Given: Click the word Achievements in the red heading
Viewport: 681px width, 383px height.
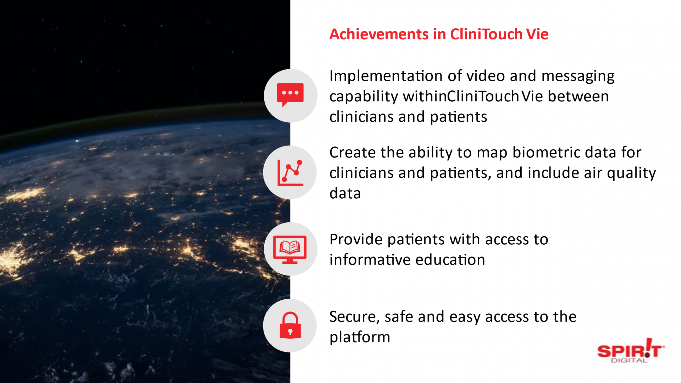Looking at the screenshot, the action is pyautogui.click(x=379, y=34).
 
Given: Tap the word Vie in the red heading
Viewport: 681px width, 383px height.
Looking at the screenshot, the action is pyautogui.click(x=537, y=34).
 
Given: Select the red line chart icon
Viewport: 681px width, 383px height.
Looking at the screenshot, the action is pyautogui.click(x=290, y=173).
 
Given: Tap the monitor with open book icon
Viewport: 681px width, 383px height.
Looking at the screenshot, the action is pyautogui.click(x=290, y=250).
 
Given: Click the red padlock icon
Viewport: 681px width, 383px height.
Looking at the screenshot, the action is pyautogui.click(x=290, y=325).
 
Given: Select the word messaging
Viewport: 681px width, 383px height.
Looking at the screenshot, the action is pyautogui.click(x=578, y=77).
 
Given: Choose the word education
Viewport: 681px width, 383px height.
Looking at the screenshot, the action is pyautogui.click(x=450, y=260).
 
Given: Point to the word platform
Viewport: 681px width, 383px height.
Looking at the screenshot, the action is pyautogui.click(x=360, y=337).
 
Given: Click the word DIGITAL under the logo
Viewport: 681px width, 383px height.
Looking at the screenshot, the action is pyautogui.click(x=629, y=361).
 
